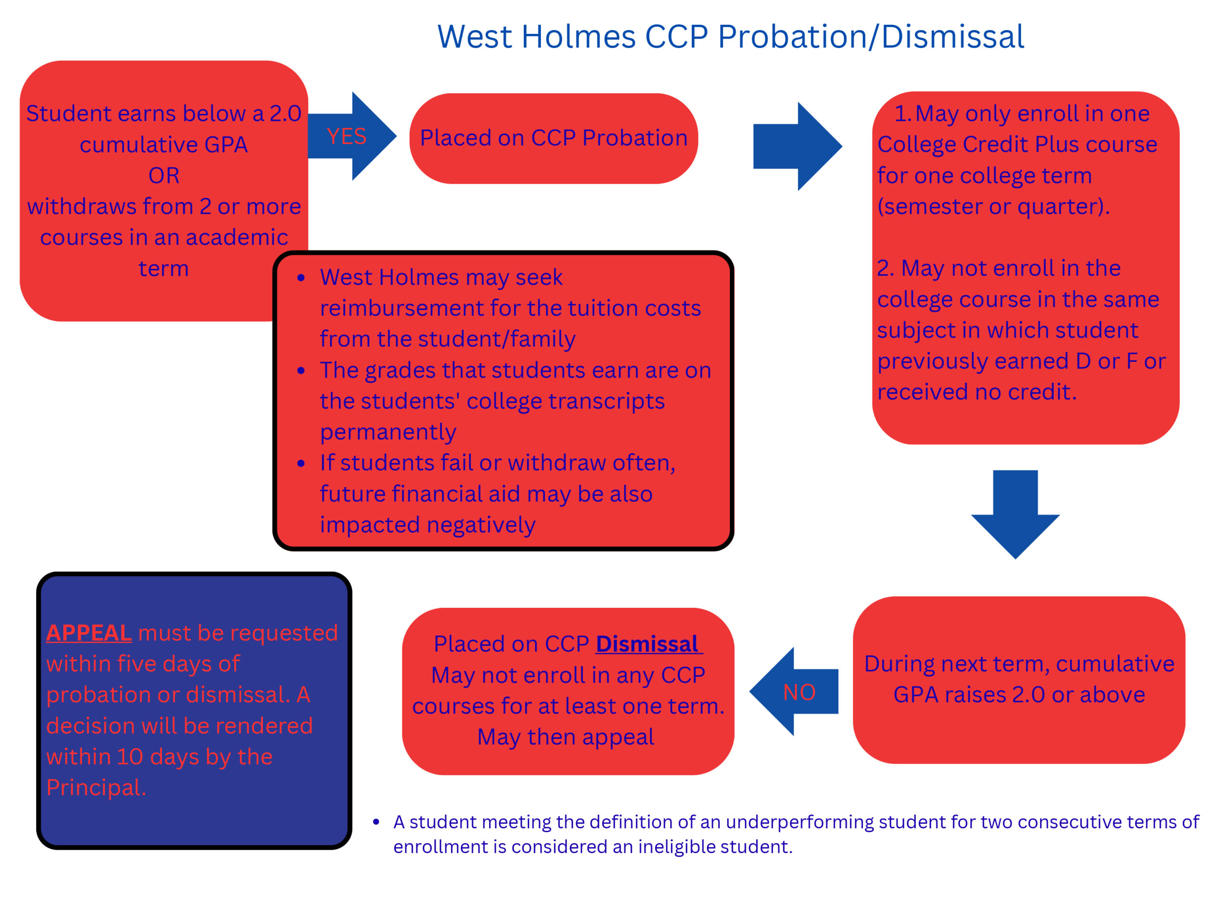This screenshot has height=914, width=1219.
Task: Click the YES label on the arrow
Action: point(346,136)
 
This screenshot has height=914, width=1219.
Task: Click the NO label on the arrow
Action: point(799,692)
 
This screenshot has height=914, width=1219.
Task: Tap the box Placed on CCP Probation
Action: point(553,138)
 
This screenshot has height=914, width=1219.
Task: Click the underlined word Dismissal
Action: point(648,644)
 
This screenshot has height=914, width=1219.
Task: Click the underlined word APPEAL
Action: point(89,633)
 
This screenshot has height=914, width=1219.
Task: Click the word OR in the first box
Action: point(164,175)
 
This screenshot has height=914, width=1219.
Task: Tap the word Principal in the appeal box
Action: point(94,787)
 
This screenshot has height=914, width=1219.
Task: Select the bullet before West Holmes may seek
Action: point(301,278)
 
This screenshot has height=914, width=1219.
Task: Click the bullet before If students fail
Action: point(301,463)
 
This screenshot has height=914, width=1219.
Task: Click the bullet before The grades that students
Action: point(301,371)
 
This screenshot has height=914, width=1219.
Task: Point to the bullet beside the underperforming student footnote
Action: point(376,823)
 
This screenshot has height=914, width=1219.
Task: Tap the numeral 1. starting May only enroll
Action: point(903,113)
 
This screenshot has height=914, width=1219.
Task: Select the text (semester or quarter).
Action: point(993,207)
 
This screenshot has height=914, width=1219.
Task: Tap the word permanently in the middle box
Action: point(388,432)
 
